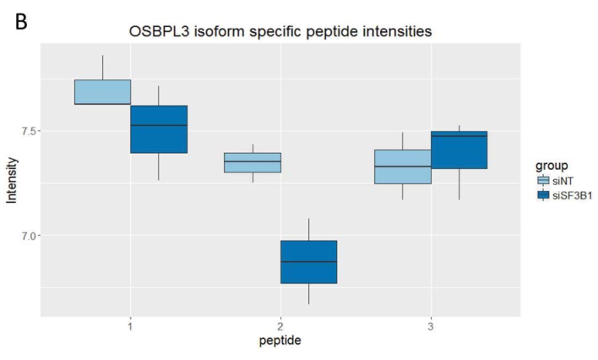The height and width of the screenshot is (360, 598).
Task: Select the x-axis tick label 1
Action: pos(130,325)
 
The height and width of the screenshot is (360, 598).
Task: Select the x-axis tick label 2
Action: pos(280,325)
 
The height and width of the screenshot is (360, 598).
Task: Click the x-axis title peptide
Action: pos(280,341)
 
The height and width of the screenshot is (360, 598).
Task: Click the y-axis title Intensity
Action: pos(11,183)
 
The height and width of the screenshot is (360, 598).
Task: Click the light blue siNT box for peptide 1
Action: pos(102,92)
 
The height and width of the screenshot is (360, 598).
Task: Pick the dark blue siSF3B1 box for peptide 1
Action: pos(159,129)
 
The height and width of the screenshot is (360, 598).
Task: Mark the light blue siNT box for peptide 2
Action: pos(252,162)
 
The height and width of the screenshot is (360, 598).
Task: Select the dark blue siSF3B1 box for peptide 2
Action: pos(308,262)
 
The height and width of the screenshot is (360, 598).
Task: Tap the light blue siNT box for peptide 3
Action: pos(402,166)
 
